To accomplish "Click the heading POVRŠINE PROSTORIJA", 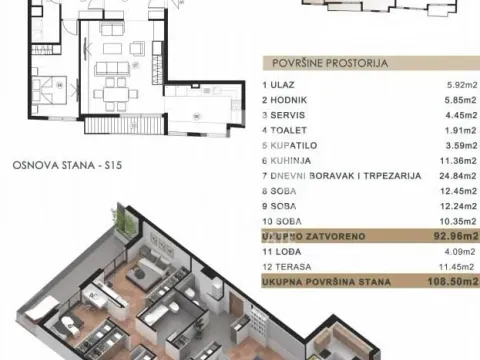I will pos(321,60).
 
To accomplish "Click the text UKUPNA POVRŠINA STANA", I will pos(320,283).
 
